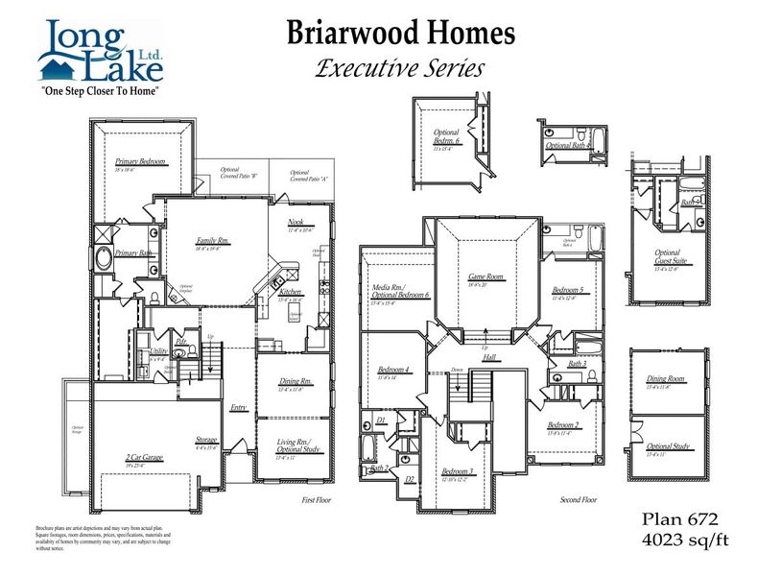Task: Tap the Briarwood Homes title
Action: pyautogui.click(x=401, y=34)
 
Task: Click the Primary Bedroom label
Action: pyautogui.click(x=141, y=162)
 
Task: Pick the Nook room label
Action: pyautogui.click(x=296, y=223)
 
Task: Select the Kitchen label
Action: pyautogui.click(x=291, y=291)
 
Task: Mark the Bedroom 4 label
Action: pyautogui.click(x=393, y=370)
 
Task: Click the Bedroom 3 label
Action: pyautogui.click(x=457, y=471)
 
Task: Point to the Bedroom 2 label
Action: pyautogui.click(x=563, y=425)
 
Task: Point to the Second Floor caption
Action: pyautogui.click(x=579, y=500)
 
